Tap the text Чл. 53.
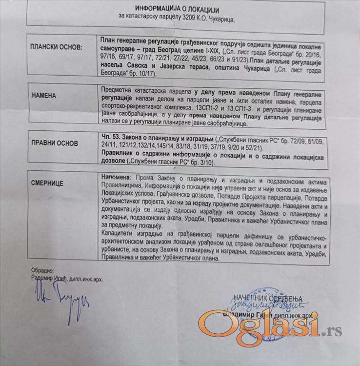[113, 139]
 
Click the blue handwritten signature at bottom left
[61, 303]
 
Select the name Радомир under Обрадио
[35, 279]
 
